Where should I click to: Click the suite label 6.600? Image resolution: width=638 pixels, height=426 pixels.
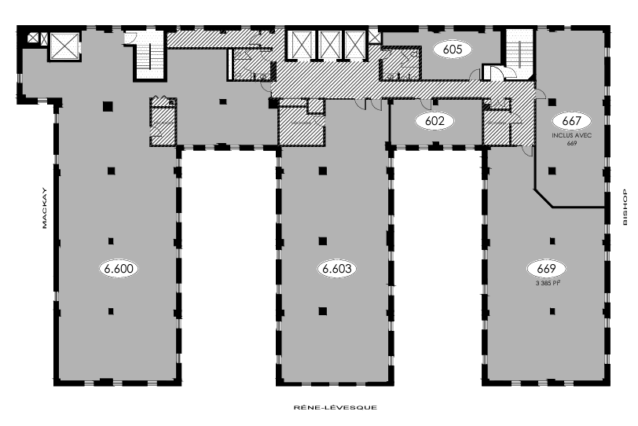[x=119, y=268]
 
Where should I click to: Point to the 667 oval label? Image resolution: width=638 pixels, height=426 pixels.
[x=571, y=121]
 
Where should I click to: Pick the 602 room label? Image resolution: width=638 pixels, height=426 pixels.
[x=435, y=121]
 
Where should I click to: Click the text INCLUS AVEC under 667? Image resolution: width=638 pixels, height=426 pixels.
[x=571, y=136]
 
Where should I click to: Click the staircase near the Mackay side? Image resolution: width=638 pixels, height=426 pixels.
[x=148, y=57]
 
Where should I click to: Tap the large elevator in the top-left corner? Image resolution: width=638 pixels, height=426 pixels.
[x=64, y=46]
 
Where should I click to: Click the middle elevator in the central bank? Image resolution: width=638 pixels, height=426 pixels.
[x=329, y=45]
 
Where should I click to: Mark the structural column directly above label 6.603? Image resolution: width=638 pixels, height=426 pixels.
[x=321, y=240]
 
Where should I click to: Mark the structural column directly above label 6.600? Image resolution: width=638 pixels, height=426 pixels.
[x=111, y=240]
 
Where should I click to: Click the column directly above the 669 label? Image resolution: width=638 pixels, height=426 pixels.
[x=551, y=240]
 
